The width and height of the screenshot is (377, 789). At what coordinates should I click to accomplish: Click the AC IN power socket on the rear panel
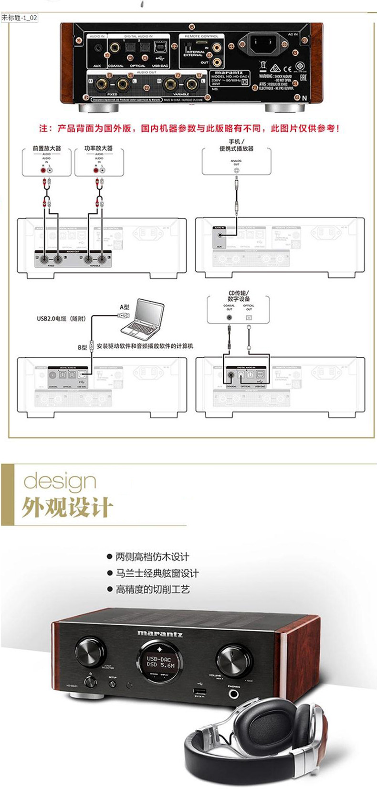(x=263, y=45)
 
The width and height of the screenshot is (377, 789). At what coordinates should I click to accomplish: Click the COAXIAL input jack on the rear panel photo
(x=115, y=48)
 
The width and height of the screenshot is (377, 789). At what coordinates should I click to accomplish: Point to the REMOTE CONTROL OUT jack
(x=217, y=62)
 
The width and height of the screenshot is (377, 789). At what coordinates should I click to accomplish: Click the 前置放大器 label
(x=47, y=148)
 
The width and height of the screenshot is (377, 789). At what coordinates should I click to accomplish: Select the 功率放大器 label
(x=99, y=148)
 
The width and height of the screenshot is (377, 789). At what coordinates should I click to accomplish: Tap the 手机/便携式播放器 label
(x=236, y=145)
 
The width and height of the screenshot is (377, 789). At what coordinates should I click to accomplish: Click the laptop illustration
(x=143, y=317)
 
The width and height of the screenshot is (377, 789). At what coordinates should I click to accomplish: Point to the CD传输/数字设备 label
(x=239, y=296)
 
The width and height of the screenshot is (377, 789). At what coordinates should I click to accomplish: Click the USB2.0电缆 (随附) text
(x=61, y=319)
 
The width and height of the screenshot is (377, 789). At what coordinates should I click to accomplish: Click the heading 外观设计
(x=67, y=507)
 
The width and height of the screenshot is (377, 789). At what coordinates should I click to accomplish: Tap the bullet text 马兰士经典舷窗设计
(x=157, y=573)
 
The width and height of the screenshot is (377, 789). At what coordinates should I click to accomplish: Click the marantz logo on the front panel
(x=160, y=633)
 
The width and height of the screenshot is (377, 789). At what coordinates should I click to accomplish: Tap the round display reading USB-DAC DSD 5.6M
(x=160, y=661)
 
